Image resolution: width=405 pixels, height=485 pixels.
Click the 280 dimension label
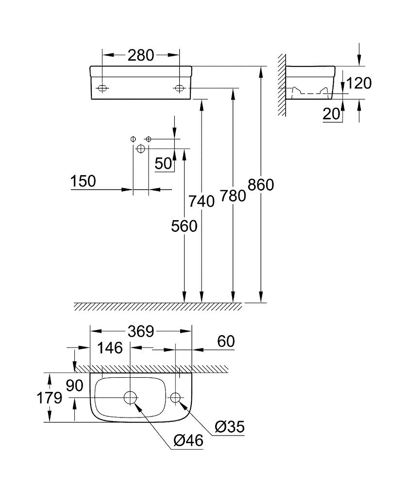[x=141, y=55]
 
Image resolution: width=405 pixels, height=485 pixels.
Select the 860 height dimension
[x=261, y=185]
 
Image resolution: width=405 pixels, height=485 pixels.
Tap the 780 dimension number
[x=233, y=195]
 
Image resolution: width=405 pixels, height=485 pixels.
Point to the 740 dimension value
[x=202, y=200]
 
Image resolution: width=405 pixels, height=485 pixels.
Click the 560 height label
[x=184, y=226]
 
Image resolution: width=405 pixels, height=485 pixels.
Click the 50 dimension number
[x=164, y=163]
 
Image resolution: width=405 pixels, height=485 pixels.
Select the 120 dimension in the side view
[x=360, y=83]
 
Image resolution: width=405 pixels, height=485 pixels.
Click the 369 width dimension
[x=141, y=332]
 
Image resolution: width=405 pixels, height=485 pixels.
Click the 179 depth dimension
[x=51, y=398]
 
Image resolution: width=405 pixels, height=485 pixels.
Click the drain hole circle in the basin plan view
[x=130, y=398]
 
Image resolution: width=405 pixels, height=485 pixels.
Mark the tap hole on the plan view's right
[x=175, y=398]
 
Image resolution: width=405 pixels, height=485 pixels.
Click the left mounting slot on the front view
[x=102, y=88]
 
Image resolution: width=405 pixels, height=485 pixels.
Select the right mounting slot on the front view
[x=179, y=88]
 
